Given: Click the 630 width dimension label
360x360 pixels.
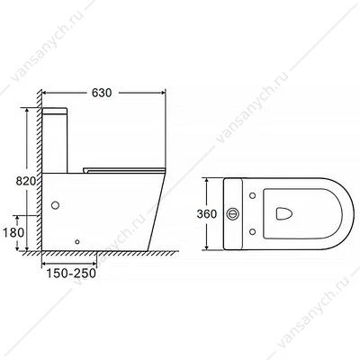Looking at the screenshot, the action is (102, 93).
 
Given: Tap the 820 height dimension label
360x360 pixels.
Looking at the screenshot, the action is (26, 181).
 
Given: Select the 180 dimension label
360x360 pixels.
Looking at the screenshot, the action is (13, 232).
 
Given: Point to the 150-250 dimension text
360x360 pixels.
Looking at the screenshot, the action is (71, 274).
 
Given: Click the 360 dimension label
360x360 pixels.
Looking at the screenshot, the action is (207, 214).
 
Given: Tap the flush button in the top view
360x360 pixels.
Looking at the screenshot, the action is (233, 214).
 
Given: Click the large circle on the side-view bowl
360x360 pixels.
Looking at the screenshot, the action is (55, 205).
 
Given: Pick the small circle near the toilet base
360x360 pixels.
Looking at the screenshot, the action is (77, 241).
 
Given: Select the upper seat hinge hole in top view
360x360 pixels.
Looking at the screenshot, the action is (253, 195).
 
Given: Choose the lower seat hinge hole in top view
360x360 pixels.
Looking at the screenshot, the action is (253, 232).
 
